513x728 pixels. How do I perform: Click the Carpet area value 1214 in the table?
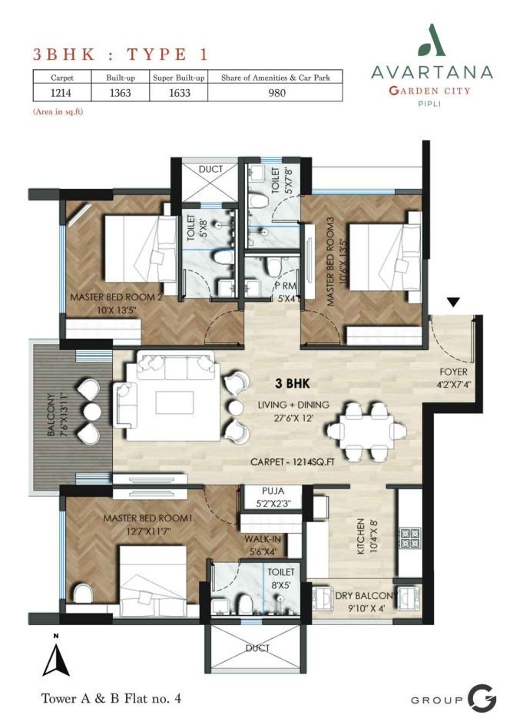(61, 93)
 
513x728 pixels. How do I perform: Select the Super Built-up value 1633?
(179, 93)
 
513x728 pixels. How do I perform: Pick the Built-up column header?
(121, 78)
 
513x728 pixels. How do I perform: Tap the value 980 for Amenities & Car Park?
(276, 93)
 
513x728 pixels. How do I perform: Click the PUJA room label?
(273, 491)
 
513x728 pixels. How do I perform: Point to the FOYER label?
(454, 372)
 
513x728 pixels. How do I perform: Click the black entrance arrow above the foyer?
(454, 303)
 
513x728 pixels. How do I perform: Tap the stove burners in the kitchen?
(410, 538)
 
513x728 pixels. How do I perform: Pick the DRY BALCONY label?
(367, 596)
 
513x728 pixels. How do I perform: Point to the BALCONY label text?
(51, 415)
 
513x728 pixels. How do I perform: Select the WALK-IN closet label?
(263, 538)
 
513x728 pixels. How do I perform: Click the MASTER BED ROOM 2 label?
(116, 297)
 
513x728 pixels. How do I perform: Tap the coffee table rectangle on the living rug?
(175, 402)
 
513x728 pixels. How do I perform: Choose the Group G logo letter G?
(482, 698)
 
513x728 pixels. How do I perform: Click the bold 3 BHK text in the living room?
(293, 383)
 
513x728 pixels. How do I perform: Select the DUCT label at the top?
(210, 170)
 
